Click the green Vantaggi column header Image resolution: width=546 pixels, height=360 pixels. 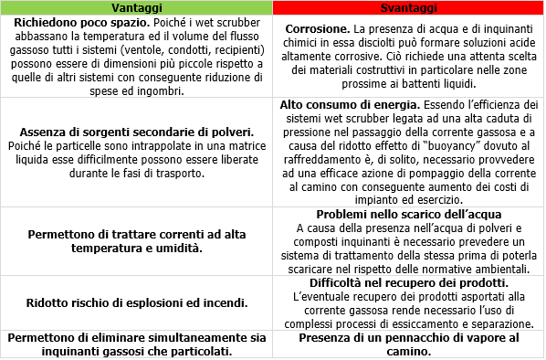tap(137, 7)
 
